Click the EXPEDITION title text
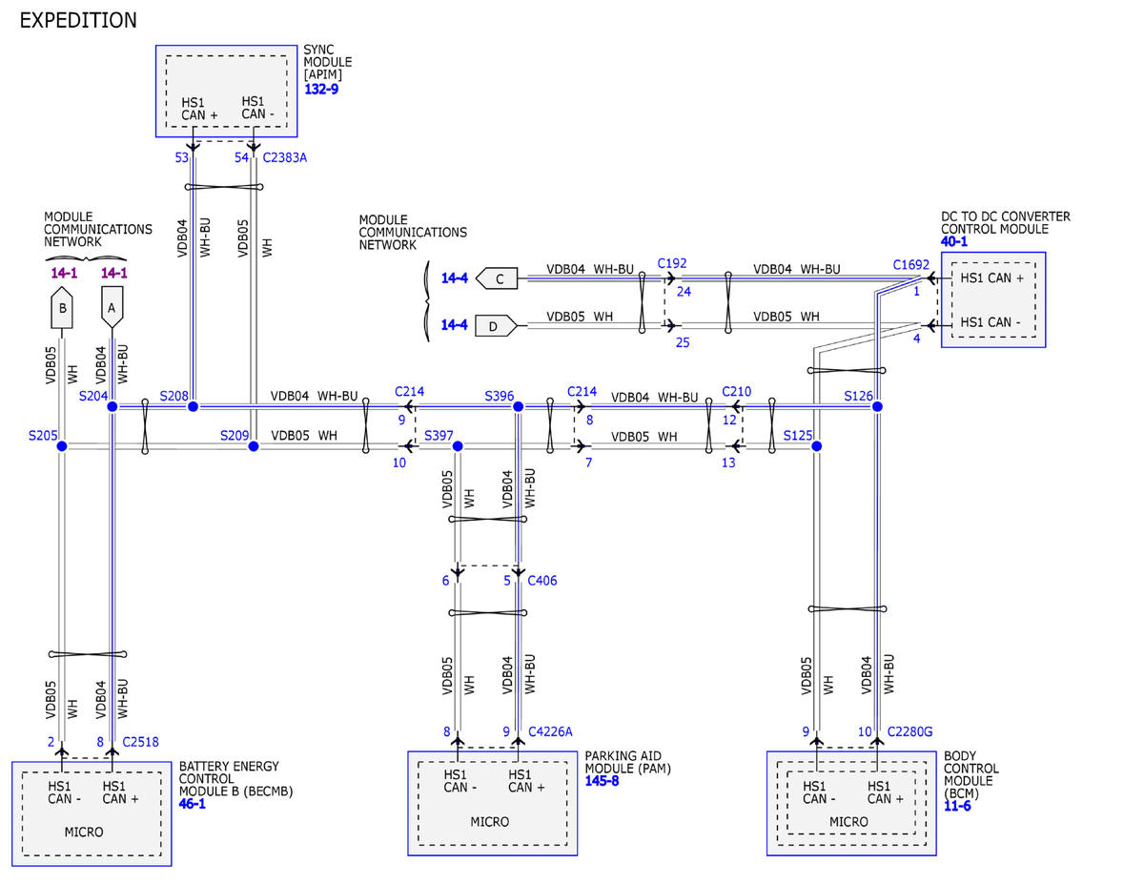tap(78, 21)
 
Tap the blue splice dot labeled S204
tap(112, 406)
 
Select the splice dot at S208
tap(194, 406)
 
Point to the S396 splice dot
tap(518, 406)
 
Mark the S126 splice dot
tap(877, 406)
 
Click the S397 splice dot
tap(458, 446)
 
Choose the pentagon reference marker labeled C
tap(497, 278)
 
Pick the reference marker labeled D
tap(497, 326)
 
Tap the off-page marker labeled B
tap(62, 308)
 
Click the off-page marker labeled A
tap(112, 308)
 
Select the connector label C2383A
tap(284, 157)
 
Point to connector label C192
tap(672, 263)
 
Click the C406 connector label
tap(541, 580)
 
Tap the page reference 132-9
tap(321, 89)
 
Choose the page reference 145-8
tap(602, 781)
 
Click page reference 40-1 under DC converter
tap(954, 241)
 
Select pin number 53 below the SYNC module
tap(182, 157)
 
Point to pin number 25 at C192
tap(683, 342)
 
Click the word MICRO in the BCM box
tap(848, 822)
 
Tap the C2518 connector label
tap(140, 742)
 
